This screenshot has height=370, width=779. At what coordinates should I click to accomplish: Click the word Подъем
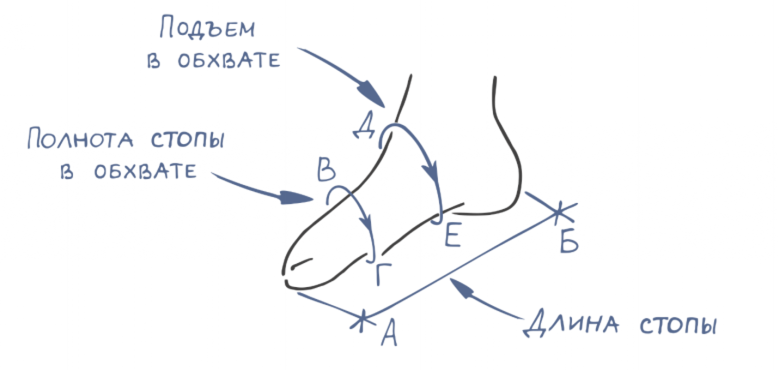click(207, 28)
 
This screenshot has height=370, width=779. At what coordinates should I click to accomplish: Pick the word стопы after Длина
click(678, 326)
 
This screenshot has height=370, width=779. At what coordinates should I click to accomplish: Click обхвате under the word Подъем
click(229, 60)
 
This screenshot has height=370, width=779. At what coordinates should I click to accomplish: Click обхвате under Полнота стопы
click(145, 171)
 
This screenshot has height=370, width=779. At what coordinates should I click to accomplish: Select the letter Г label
click(383, 274)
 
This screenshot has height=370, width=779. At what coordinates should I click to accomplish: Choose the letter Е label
click(453, 235)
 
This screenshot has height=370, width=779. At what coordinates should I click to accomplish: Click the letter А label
click(389, 333)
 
